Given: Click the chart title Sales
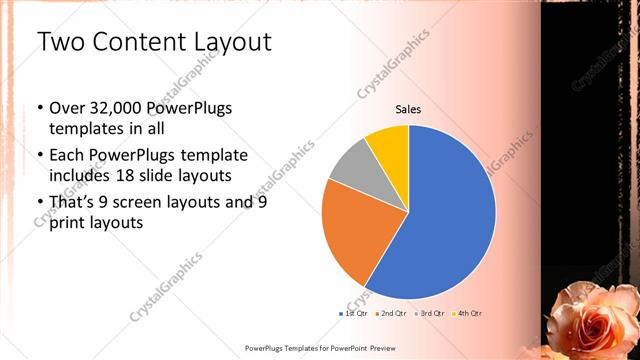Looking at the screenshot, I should (408, 109).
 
